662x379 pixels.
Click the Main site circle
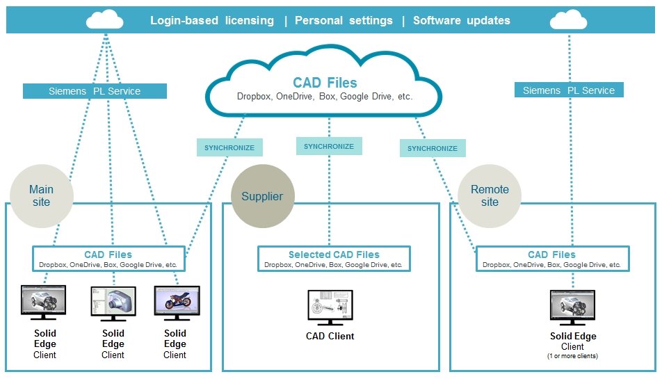pyautogui.click(x=41, y=195)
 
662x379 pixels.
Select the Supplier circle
pyautogui.click(x=262, y=196)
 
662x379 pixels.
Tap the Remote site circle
pyautogui.click(x=490, y=195)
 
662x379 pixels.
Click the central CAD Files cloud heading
pyautogui.click(x=325, y=83)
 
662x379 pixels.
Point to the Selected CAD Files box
pyautogui.click(x=334, y=259)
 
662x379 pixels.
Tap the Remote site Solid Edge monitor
pyautogui.click(x=573, y=307)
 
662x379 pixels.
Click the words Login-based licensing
pyautogui.click(x=212, y=20)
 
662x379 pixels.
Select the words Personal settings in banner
pyautogui.click(x=344, y=20)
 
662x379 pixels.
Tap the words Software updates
pyautogui.click(x=462, y=20)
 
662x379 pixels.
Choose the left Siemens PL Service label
pyautogui.click(x=95, y=91)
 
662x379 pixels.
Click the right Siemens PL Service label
pyautogui.click(x=569, y=90)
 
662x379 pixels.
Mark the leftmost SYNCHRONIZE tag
pyautogui.click(x=229, y=147)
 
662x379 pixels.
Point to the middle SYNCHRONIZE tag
pyautogui.click(x=329, y=146)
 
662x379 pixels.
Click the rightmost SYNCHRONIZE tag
pyautogui.click(x=433, y=148)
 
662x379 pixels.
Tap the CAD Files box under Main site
pyautogui.click(x=108, y=259)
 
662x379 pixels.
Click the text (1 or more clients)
pyautogui.click(x=573, y=356)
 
